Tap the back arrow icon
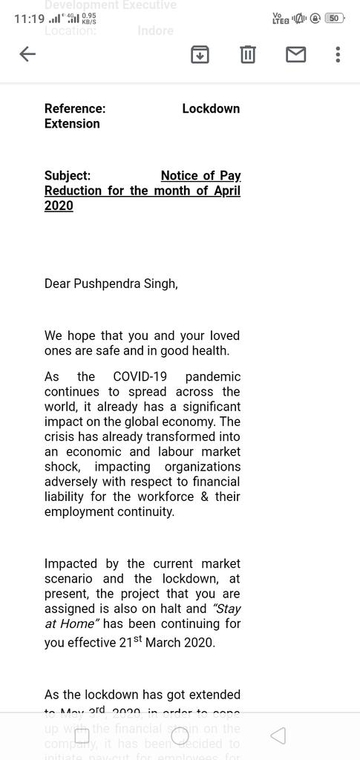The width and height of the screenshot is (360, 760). pyautogui.click(x=27, y=54)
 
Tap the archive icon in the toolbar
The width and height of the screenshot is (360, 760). pyautogui.click(x=200, y=54)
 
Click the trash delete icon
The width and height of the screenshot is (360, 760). pyautogui.click(x=248, y=54)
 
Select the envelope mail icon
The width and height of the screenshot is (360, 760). pyautogui.click(x=296, y=54)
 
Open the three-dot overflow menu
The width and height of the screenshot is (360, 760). pyautogui.click(x=338, y=54)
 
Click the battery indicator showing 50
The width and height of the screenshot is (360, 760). pyautogui.click(x=334, y=18)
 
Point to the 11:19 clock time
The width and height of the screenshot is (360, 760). pyautogui.click(x=29, y=19)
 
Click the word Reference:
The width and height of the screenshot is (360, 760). pyautogui.click(x=75, y=108)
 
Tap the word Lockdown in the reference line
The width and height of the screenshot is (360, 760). pyautogui.click(x=211, y=108)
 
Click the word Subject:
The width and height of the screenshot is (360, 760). pyautogui.click(x=68, y=176)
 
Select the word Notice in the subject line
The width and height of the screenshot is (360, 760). pyautogui.click(x=178, y=176)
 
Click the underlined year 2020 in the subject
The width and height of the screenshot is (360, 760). pyautogui.click(x=59, y=206)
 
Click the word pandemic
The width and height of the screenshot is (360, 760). pyautogui.click(x=212, y=377)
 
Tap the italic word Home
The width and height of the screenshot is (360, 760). pyautogui.click(x=76, y=624)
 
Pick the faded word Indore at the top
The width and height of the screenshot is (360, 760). pyautogui.click(x=155, y=31)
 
